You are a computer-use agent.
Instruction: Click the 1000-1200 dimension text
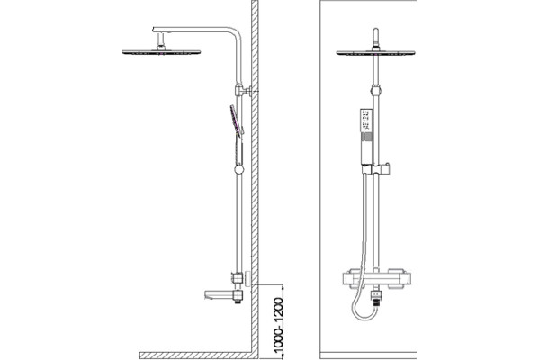click(x=278, y=326)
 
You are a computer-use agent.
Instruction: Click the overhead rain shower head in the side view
click(x=161, y=52)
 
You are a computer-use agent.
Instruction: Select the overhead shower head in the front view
click(x=375, y=53)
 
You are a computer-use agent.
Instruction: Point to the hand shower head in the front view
click(x=366, y=121)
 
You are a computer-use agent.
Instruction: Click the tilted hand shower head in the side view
click(x=237, y=121)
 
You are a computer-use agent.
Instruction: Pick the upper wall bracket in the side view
click(x=243, y=90)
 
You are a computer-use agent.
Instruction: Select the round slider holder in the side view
click(x=238, y=169)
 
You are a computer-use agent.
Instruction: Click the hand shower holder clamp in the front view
click(x=375, y=168)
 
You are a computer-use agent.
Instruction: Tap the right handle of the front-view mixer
click(x=400, y=278)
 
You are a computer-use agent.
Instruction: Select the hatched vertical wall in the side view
click(x=255, y=175)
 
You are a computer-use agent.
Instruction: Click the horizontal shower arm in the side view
click(x=194, y=30)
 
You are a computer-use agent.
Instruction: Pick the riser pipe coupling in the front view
click(x=375, y=90)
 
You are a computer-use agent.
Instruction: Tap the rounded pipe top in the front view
click(x=375, y=31)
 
